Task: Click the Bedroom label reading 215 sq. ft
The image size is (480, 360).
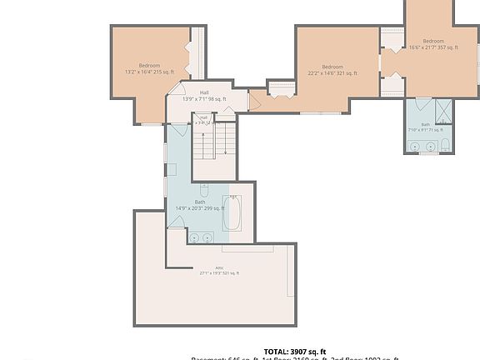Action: pyautogui.click(x=149, y=68)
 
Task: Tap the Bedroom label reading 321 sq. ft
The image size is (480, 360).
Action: pyautogui.click(x=332, y=70)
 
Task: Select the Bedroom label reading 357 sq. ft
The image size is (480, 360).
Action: pyautogui.click(x=432, y=45)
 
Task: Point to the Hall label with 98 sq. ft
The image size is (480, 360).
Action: pyautogui.click(x=203, y=96)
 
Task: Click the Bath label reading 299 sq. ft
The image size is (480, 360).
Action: pyautogui.click(x=200, y=205)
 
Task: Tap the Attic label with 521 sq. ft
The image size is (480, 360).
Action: pyautogui.click(x=219, y=271)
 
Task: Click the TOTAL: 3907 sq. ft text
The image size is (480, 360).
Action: pyautogui.click(x=295, y=351)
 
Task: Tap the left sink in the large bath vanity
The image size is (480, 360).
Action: pyautogui.click(x=194, y=237)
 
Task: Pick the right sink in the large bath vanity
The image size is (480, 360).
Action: pyautogui.click(x=208, y=237)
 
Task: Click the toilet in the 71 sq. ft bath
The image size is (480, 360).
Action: pyautogui.click(x=445, y=147)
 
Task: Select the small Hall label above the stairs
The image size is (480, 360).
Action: pyautogui.click(x=203, y=119)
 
